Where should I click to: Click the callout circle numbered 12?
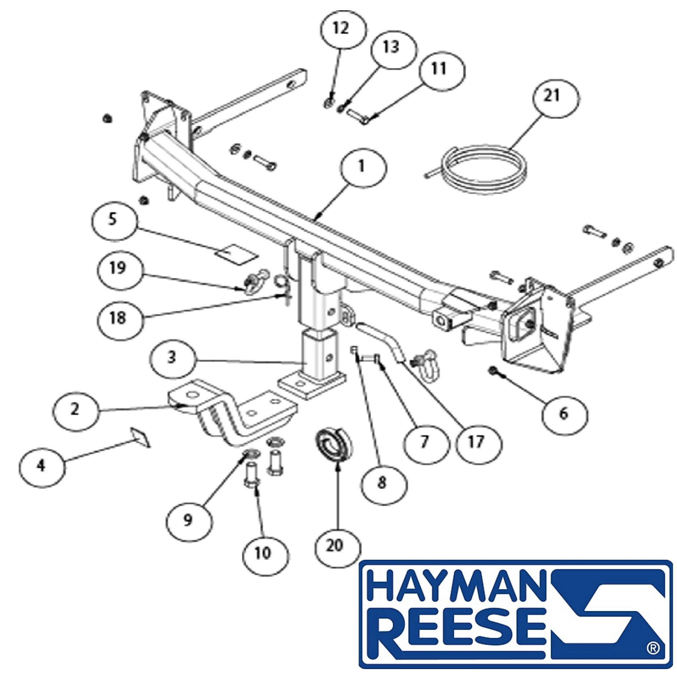[343, 29]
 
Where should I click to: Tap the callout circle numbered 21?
[555, 99]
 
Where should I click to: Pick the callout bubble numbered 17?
[479, 444]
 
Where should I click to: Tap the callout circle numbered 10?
[266, 554]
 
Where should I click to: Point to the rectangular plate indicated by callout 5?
[237, 254]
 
